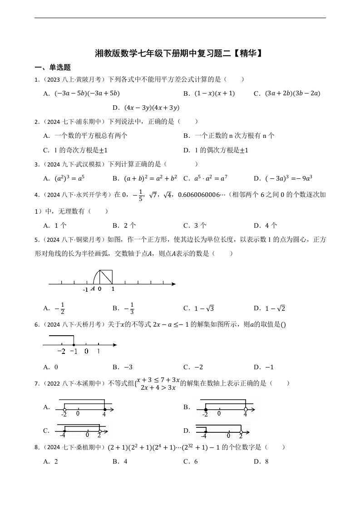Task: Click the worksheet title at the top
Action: click(179, 54)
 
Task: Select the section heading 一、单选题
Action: click(53, 68)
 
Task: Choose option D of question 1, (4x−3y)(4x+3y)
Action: click(146, 108)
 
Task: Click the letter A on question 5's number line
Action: click(93, 289)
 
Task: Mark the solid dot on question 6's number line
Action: click(74, 345)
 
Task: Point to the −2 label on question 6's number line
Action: click(62, 352)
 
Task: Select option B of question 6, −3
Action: click(123, 367)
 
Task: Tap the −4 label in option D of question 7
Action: click(203, 436)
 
